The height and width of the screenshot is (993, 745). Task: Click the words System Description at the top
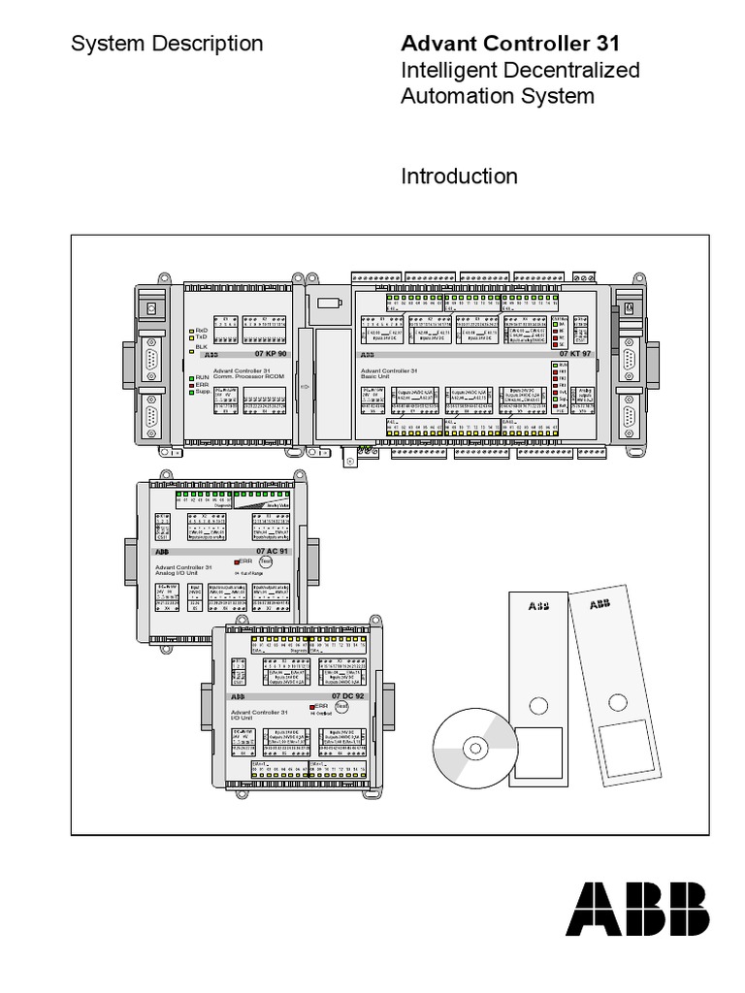pyautogui.click(x=167, y=44)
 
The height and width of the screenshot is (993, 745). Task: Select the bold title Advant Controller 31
pyautogui.click(x=509, y=44)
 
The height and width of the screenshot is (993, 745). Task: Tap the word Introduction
pyautogui.click(x=459, y=176)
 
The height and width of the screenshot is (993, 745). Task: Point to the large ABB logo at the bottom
pyautogui.click(x=637, y=909)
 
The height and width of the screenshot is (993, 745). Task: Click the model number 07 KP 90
pyautogui.click(x=272, y=355)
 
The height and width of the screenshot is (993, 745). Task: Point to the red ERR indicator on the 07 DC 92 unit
pyautogui.click(x=313, y=708)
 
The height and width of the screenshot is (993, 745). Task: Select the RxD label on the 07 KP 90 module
pyautogui.click(x=202, y=330)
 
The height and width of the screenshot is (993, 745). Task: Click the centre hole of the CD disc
pyautogui.click(x=474, y=749)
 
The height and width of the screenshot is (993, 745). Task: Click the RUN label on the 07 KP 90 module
pyautogui.click(x=202, y=376)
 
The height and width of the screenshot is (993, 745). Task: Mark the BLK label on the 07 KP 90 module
pyautogui.click(x=202, y=346)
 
